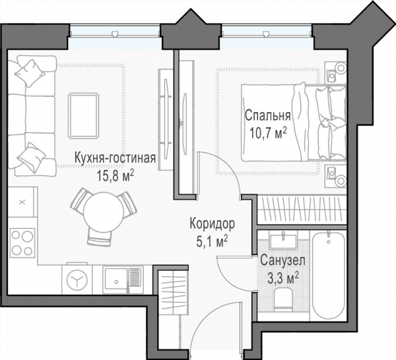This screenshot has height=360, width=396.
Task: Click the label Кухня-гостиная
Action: click(x=115, y=158)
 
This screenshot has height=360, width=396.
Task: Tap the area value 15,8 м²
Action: click(x=115, y=176)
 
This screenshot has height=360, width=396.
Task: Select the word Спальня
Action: click(x=268, y=115)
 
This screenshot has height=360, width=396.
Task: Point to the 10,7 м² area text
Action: click(x=268, y=133)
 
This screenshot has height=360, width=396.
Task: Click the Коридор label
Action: click(x=212, y=224)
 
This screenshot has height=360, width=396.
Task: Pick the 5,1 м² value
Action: click(x=212, y=242)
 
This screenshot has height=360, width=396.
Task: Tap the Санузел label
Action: click(x=282, y=260)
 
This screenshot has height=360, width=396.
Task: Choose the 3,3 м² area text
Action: click(x=283, y=278)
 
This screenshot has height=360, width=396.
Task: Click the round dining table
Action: click(x=104, y=212)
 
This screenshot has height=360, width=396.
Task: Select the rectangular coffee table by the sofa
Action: click(x=84, y=116)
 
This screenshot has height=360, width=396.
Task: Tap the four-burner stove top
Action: click(x=22, y=243)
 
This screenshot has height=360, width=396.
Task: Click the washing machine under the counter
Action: click(x=77, y=280)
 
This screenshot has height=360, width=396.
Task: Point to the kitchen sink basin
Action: click(x=116, y=280)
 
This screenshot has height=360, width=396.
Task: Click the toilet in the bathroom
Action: click(x=283, y=299)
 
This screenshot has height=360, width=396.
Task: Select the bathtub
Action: click(x=328, y=276)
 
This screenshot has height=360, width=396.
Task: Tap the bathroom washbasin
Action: click(x=283, y=241)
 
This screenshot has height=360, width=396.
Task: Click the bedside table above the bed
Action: click(x=336, y=73)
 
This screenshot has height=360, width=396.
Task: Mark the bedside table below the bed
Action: click(x=336, y=176)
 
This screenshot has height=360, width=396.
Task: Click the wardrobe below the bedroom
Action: click(x=302, y=210)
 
